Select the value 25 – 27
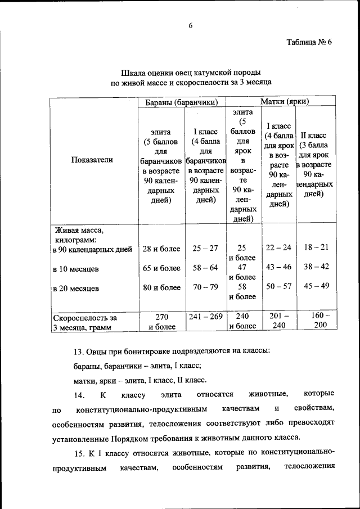point(205,248)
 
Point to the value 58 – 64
point(205,268)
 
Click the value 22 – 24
point(278,247)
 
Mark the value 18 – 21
point(316,247)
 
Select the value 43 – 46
point(278,267)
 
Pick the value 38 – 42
point(316,267)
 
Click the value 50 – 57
point(278,286)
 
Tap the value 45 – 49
point(316,286)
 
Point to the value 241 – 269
point(205,317)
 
